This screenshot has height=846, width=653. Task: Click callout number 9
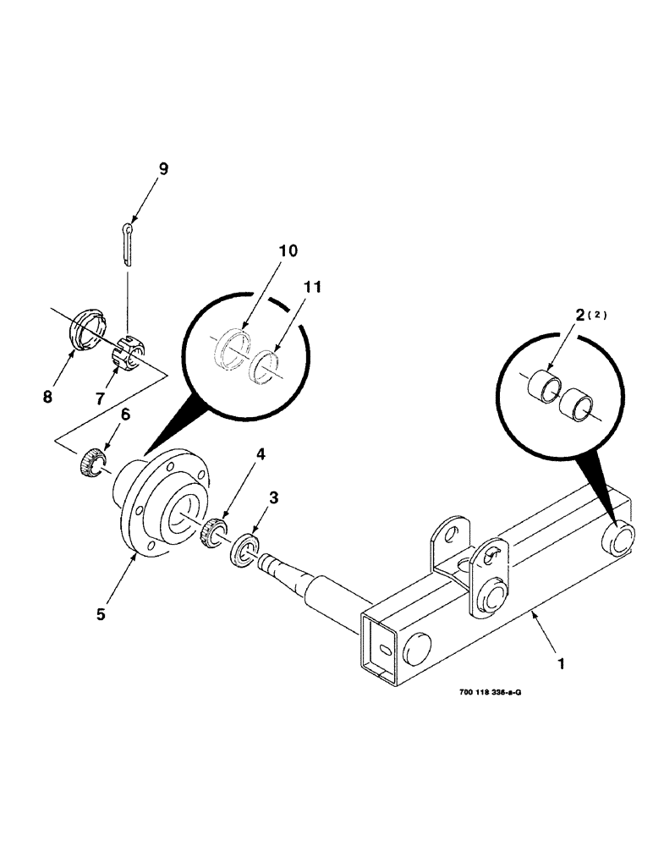(x=163, y=169)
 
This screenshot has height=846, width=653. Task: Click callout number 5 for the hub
(x=101, y=614)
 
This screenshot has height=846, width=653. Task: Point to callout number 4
(x=261, y=453)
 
